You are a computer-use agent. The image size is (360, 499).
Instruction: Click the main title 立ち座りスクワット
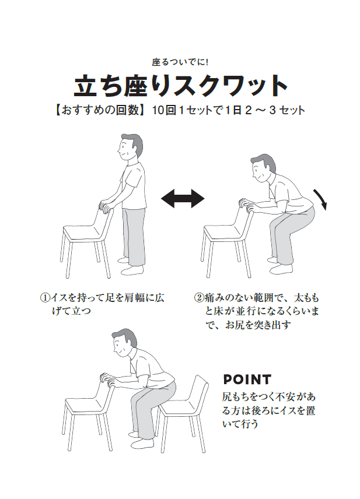(180, 86)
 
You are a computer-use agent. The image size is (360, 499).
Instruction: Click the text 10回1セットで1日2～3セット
(228, 110)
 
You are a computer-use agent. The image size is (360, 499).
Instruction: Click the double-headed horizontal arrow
(183, 199)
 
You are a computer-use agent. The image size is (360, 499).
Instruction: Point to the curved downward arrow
(320, 199)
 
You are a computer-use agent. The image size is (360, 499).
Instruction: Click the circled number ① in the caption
(46, 297)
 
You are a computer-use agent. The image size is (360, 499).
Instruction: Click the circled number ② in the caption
(198, 297)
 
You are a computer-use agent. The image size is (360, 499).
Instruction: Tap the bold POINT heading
(247, 379)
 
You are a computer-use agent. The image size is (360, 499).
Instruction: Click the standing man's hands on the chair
(107, 205)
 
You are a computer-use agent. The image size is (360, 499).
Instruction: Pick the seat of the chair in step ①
(82, 234)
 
